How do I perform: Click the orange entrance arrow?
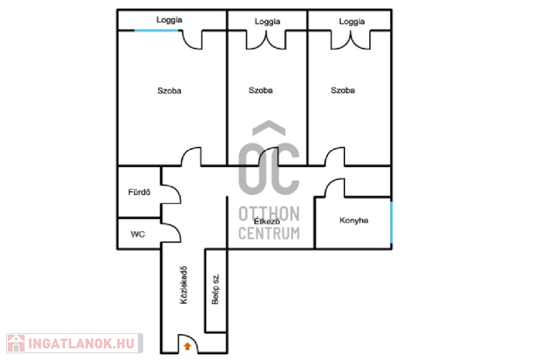(188, 346)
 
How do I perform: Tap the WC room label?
(138, 234)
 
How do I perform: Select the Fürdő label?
(139, 192)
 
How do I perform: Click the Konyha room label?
(354, 220)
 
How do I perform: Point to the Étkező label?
(266, 221)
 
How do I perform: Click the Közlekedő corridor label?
(184, 285)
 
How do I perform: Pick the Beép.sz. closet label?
(215, 289)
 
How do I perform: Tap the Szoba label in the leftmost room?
(169, 91)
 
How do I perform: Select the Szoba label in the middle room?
(260, 90)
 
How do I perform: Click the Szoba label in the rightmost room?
(343, 90)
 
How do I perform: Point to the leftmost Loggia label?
(169, 20)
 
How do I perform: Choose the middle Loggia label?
(267, 22)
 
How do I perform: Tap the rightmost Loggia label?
(352, 22)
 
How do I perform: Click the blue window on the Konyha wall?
(391, 222)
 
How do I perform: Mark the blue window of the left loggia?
(157, 30)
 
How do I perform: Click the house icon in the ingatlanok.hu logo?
(15, 343)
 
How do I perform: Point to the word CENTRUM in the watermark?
(269, 233)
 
